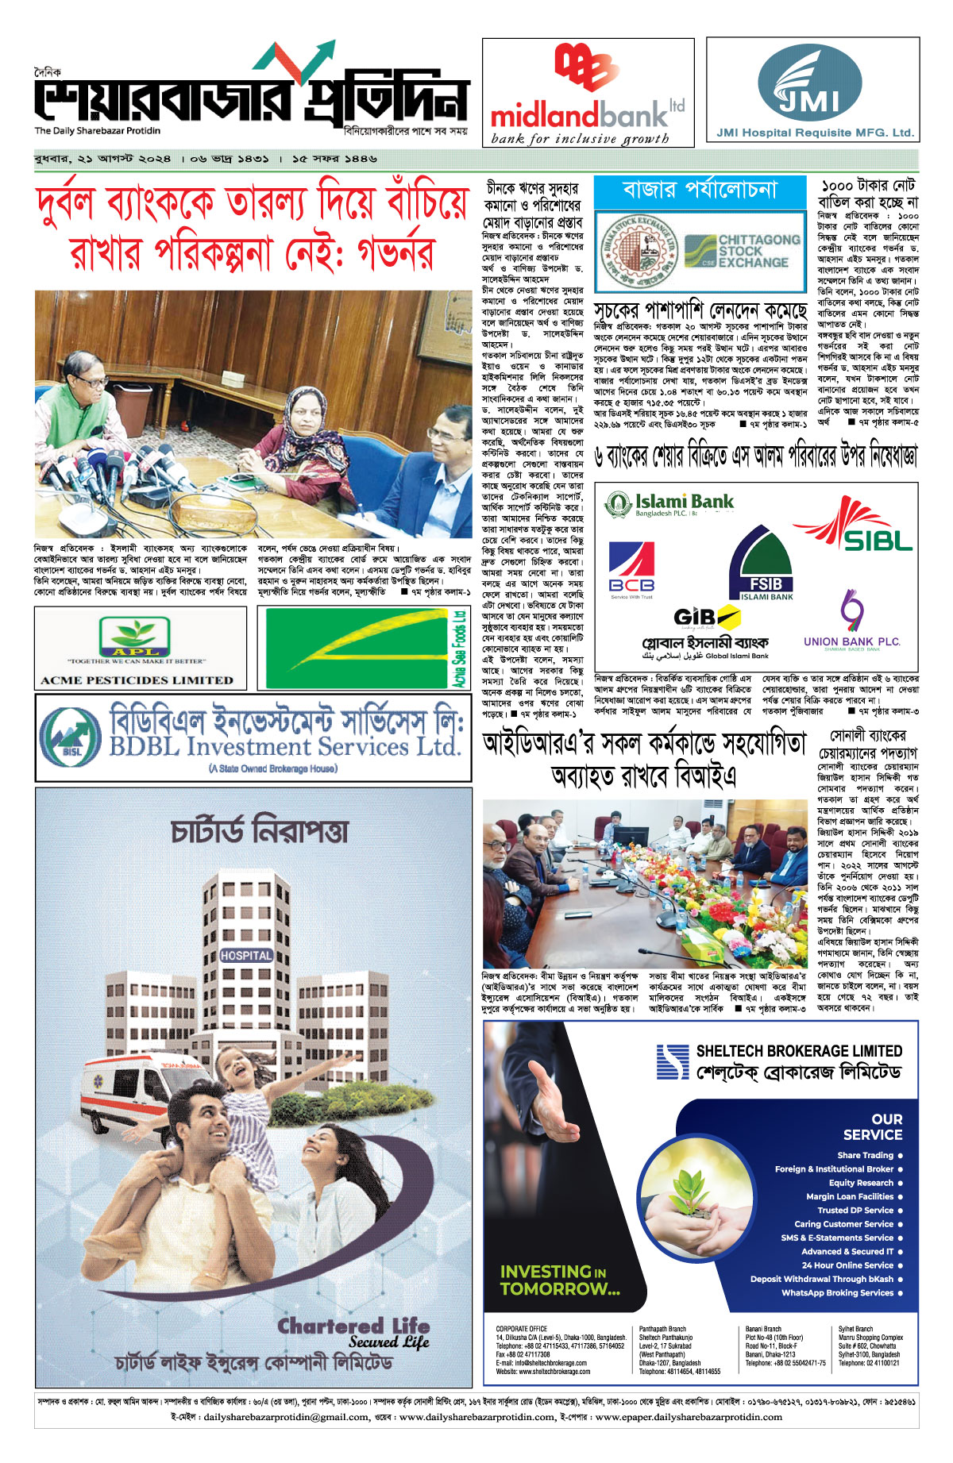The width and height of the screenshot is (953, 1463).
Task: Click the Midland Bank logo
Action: [588, 92]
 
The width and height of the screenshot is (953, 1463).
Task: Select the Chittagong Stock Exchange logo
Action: [742, 251]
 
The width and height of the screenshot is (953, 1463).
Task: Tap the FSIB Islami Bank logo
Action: [761, 563]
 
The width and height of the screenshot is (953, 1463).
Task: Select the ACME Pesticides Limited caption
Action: [137, 680]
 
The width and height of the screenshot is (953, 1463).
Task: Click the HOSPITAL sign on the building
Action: [246, 955]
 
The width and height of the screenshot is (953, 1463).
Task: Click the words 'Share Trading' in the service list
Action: [865, 1155]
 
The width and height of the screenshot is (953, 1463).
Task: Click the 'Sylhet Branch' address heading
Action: [855, 1329]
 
